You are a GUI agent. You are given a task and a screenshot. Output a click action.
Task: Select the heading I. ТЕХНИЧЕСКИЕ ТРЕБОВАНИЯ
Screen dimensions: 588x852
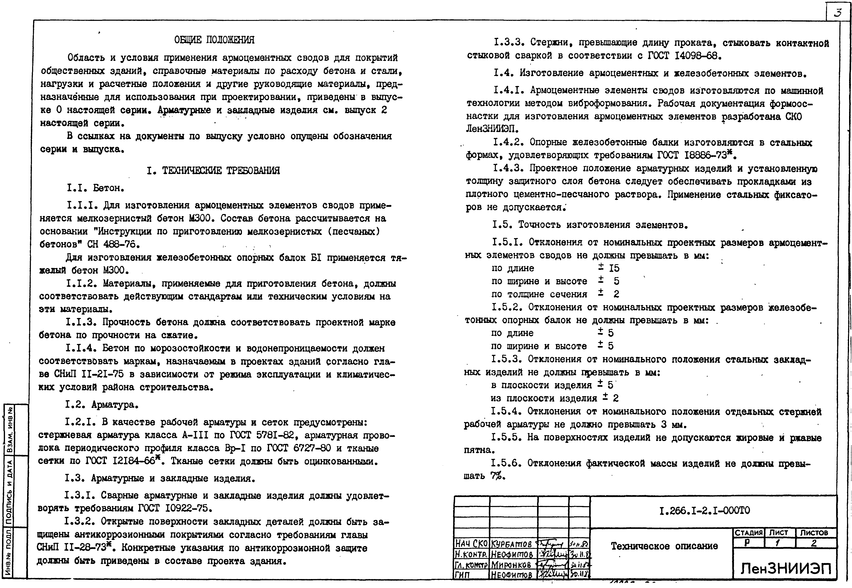coord(213,171)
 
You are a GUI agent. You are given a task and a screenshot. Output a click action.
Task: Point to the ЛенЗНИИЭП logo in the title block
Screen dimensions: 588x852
coord(786,569)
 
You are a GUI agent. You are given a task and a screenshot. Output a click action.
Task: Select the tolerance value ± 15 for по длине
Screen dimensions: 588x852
coord(608,268)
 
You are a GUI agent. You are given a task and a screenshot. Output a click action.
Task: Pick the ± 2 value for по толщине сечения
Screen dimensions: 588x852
coord(608,294)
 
